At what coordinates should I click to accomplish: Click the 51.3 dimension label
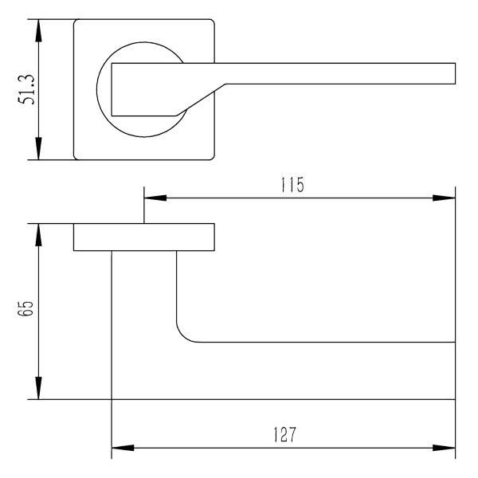[27, 89]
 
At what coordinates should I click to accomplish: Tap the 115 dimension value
[292, 185]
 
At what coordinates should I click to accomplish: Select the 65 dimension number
[27, 308]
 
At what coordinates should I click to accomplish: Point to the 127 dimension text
[284, 435]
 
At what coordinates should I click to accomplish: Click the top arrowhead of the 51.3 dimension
[38, 30]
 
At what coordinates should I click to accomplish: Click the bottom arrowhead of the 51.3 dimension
[38, 148]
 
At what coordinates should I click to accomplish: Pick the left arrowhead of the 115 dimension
[155, 198]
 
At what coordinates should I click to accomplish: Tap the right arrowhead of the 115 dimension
[444, 198]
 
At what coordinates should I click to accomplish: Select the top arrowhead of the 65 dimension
[38, 235]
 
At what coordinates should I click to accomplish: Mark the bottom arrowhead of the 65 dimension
[38, 388]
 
